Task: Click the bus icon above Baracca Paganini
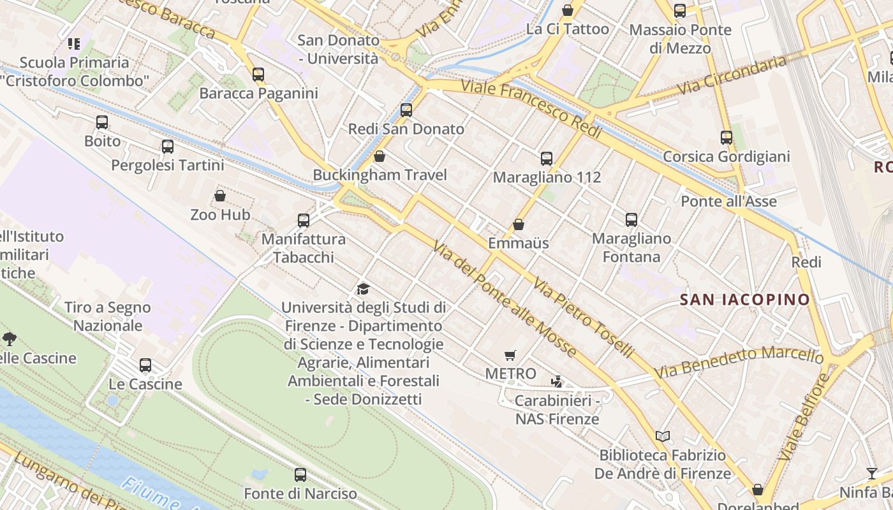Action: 258,74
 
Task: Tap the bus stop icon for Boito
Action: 102,122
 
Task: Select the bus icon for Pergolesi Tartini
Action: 168,146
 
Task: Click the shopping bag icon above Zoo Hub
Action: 220,195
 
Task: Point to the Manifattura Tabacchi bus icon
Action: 304,220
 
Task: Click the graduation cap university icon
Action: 363,289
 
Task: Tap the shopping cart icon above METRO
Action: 510,355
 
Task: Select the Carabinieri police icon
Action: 557,381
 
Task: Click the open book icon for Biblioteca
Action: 663,436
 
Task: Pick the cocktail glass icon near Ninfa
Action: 871,473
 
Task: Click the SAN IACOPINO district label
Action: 744,299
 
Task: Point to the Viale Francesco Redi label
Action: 531,108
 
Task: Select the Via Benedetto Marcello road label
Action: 739,361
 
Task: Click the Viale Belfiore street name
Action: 805,418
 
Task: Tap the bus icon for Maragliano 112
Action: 547,158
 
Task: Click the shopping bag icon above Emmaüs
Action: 519,224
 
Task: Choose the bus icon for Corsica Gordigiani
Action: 726,137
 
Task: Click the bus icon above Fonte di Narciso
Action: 300,474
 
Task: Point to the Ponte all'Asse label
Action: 728,201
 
